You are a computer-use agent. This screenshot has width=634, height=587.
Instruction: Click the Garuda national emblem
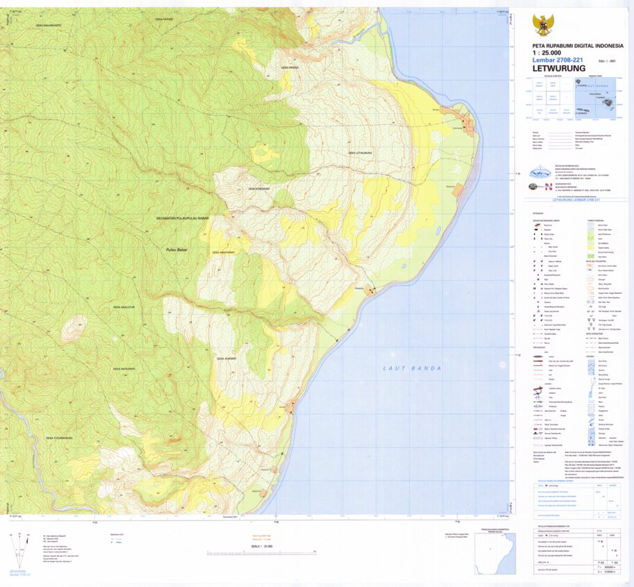[x=542, y=26]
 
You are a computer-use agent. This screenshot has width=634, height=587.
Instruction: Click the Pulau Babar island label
[x=178, y=249]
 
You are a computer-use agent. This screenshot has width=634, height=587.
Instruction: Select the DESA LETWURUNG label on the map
[x=361, y=152]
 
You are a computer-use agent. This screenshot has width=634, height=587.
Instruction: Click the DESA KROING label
[x=289, y=67]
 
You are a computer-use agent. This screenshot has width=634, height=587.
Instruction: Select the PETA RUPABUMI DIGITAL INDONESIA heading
[x=568, y=45]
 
